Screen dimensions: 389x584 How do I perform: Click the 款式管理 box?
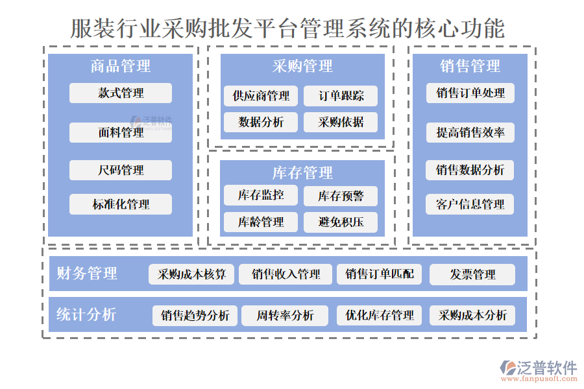coord(121,93)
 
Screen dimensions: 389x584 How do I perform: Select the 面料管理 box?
coord(121,133)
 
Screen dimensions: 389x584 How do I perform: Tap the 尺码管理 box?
coord(121,171)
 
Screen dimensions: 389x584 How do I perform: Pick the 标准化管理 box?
coord(121,204)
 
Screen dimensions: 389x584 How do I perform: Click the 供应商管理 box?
coord(261,97)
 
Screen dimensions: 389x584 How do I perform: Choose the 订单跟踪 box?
coord(341,97)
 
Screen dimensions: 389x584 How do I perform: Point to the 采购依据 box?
coord(341,122)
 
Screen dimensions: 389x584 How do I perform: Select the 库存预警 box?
coord(341,196)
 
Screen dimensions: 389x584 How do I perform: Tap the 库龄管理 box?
coord(261,222)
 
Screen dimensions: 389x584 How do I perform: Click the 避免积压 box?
coord(341,222)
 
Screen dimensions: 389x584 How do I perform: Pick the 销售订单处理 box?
coord(470,93)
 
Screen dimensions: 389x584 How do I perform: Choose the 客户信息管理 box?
coord(470,204)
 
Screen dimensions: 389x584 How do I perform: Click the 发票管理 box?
coord(472,274)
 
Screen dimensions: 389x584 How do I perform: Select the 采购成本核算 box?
coord(191,274)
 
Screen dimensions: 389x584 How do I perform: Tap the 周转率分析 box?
coord(285,316)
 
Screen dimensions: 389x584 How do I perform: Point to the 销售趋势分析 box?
coord(195,316)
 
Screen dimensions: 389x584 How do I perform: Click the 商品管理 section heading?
coord(121,66)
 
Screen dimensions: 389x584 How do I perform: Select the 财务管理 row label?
coord(87,274)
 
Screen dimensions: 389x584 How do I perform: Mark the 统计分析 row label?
coord(86,315)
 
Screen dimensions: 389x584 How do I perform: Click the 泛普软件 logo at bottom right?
coord(538,371)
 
